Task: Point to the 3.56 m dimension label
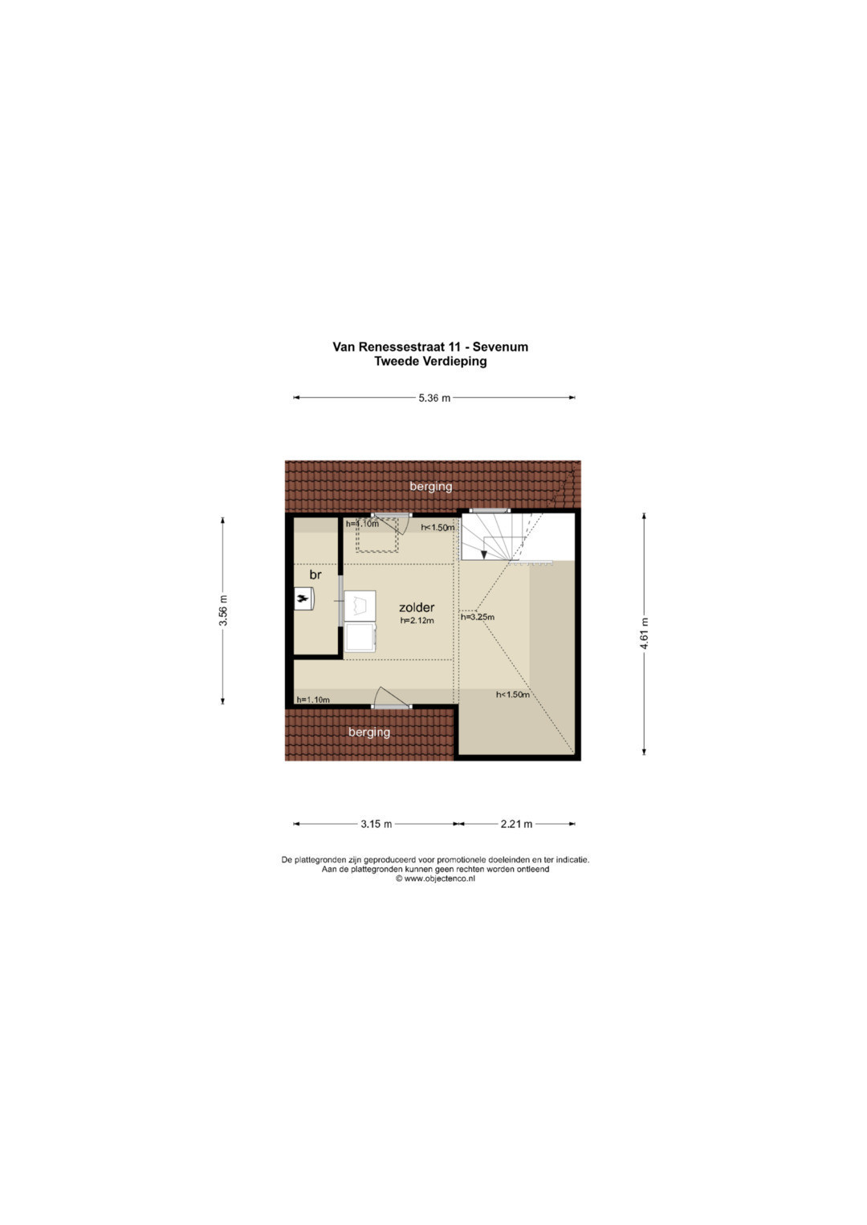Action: point(223,610)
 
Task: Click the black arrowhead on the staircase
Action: point(484,555)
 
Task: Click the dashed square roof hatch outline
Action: point(377,535)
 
